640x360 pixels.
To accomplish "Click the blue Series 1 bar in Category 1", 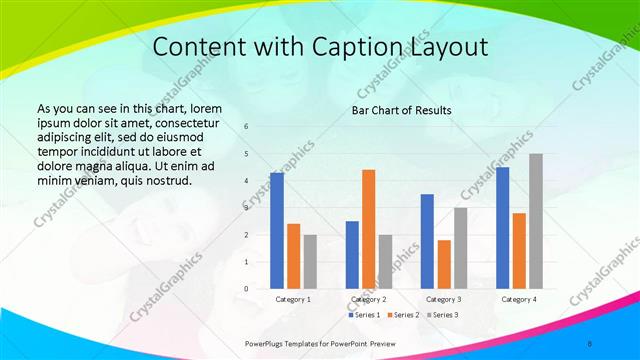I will pyautogui.click(x=277, y=231).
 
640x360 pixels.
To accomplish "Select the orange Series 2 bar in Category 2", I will pyautogui.click(x=369, y=229).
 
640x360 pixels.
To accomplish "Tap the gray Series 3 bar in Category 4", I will pyautogui.click(x=536, y=221).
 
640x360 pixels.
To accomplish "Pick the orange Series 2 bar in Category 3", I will pyautogui.click(x=444, y=264).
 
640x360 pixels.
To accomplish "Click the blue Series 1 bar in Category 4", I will pyautogui.click(x=502, y=228).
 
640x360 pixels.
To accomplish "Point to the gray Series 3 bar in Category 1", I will pyautogui.click(x=310, y=262).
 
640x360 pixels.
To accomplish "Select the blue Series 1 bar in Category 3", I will pyautogui.click(x=427, y=241).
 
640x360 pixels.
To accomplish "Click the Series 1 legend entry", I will pyautogui.click(x=365, y=315).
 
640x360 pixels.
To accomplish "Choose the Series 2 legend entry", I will pyautogui.click(x=401, y=315).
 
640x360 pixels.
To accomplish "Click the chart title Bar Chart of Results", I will pyautogui.click(x=401, y=110).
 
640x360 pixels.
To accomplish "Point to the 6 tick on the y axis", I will pyautogui.click(x=247, y=127).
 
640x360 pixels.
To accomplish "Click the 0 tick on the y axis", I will pyautogui.click(x=247, y=289).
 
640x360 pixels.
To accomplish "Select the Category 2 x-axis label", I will pyautogui.click(x=369, y=299).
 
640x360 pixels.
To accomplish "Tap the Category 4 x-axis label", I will pyautogui.click(x=519, y=299).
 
